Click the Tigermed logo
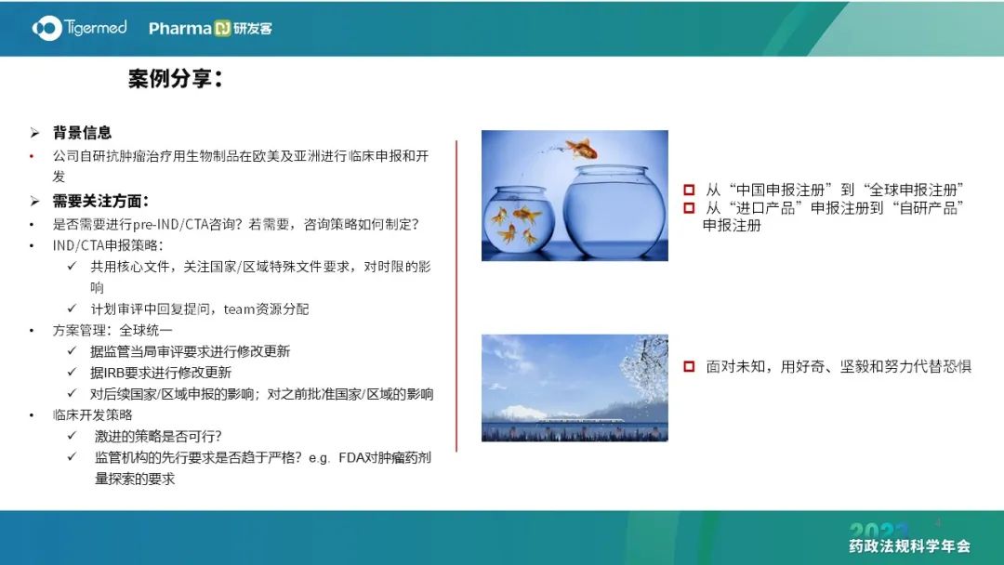click(79, 28)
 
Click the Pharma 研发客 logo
click(211, 28)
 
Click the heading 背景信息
click(82, 133)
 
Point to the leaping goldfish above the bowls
click(581, 149)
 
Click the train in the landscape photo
click(579, 420)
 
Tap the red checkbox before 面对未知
click(689, 367)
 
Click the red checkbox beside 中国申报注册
click(689, 191)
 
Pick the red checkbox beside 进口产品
click(689, 208)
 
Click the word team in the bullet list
click(240, 309)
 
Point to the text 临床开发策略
click(92, 415)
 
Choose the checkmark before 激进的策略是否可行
click(72, 436)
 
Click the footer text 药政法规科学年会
click(909, 545)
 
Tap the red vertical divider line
click(456, 296)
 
